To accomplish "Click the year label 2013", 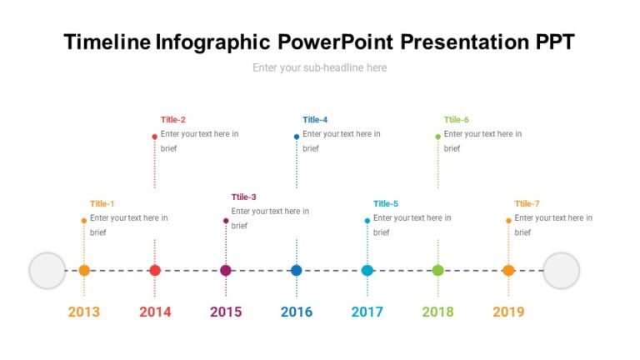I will click(84, 312).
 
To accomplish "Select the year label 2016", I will click(297, 312).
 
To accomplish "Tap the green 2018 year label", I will click(437, 312).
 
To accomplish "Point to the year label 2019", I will click(508, 312).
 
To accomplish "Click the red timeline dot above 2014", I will click(155, 270).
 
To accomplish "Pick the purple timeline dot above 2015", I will click(226, 270).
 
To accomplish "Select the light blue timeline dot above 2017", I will click(367, 270).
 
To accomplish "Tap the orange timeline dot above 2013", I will click(84, 270).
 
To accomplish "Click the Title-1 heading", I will click(102, 203).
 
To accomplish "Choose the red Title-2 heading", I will click(173, 119).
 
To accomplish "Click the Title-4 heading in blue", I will click(315, 119).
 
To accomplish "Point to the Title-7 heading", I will click(527, 203).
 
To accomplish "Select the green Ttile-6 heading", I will click(457, 119).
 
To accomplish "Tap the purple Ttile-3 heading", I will click(244, 197).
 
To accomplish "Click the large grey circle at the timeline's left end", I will click(47, 271).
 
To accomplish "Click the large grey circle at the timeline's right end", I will click(561, 271).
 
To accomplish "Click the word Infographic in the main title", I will click(212, 42).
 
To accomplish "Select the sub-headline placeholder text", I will click(320, 67).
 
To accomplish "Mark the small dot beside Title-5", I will click(367, 221).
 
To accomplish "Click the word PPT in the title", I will click(550, 42).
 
